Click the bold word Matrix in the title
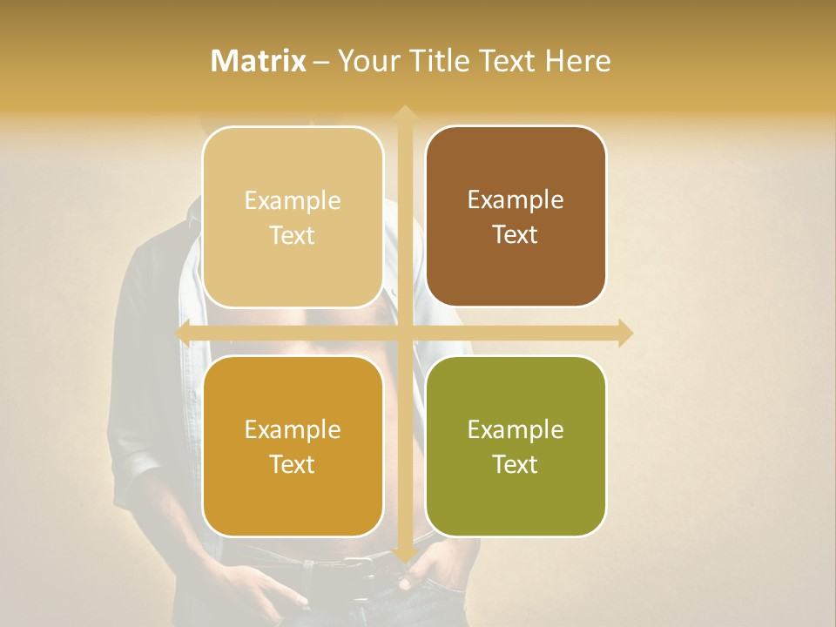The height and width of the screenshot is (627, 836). coord(259,61)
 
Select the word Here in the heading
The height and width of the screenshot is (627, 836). coord(577,61)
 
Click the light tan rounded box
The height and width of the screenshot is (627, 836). coord(293,218)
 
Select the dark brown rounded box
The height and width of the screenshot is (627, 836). coord(516,218)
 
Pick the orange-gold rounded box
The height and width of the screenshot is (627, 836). coord(293,447)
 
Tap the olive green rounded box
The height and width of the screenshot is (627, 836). coord(516,447)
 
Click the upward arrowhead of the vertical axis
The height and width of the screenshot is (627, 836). coord(404,113)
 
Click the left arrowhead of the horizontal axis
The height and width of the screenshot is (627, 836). coord(183,334)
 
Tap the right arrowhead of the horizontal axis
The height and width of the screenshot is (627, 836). coord(624,334)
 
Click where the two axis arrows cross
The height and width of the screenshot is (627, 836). coord(404,334)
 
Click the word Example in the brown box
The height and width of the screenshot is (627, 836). coord(516,200)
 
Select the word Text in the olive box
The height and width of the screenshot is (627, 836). coord(516,465)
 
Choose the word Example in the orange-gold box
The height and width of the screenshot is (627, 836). coord(293,430)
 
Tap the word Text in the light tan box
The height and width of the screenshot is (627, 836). coord(293,236)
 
